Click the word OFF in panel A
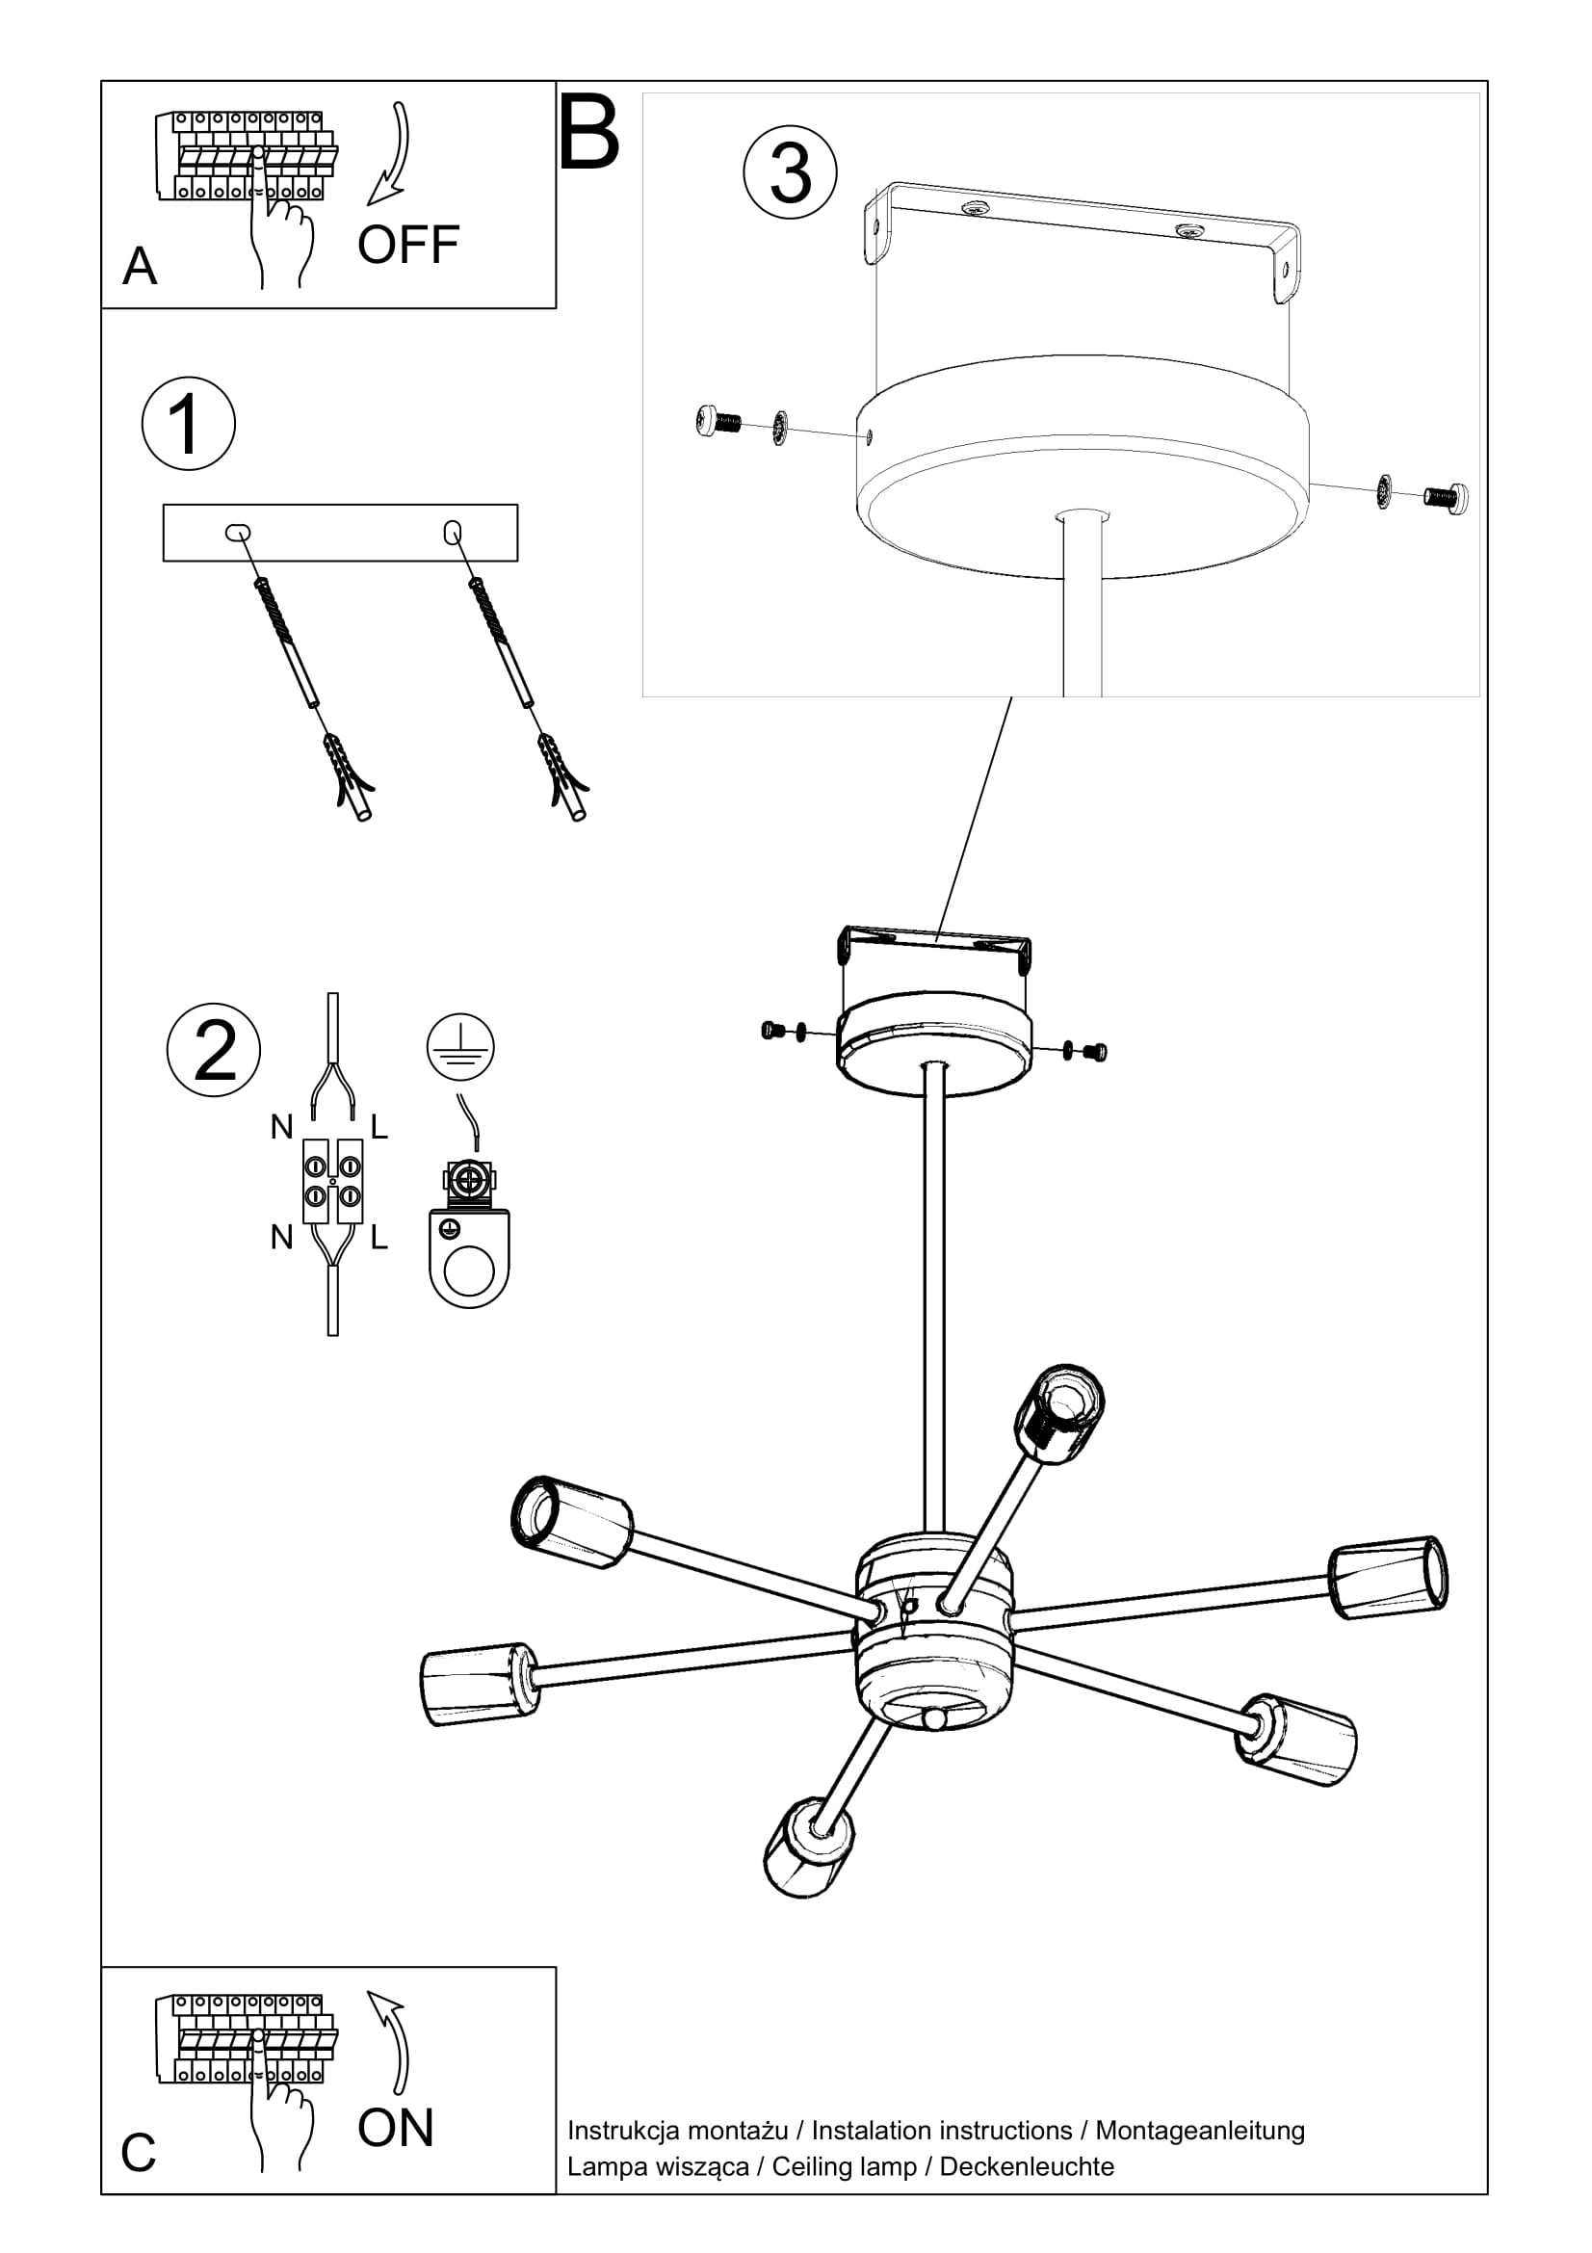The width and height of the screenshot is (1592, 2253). pyautogui.click(x=408, y=246)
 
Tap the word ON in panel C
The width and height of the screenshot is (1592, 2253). pyautogui.click(x=395, y=2129)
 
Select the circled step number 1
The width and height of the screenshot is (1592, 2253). pyautogui.click(x=189, y=424)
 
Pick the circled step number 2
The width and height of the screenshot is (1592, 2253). pyautogui.click(x=214, y=1050)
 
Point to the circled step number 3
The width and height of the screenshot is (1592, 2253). pyautogui.click(x=790, y=172)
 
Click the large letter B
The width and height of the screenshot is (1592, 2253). pyautogui.click(x=588, y=133)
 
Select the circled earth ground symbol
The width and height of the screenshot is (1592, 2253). pyautogui.click(x=460, y=1047)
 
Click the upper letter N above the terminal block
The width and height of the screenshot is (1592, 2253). pyautogui.click(x=281, y=1128)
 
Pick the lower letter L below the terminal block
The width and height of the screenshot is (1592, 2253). pyautogui.click(x=379, y=1239)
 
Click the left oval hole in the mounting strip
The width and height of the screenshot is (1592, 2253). pyautogui.click(x=238, y=533)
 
